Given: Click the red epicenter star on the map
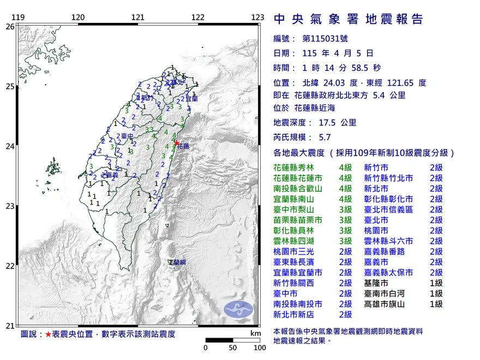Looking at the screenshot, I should (176, 143).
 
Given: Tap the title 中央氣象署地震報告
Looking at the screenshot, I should (348, 20).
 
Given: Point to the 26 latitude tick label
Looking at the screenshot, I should (10, 26).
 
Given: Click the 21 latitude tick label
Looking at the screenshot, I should (10, 326).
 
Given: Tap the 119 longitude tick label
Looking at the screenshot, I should (19, 17).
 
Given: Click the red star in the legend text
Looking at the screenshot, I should (48, 334).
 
